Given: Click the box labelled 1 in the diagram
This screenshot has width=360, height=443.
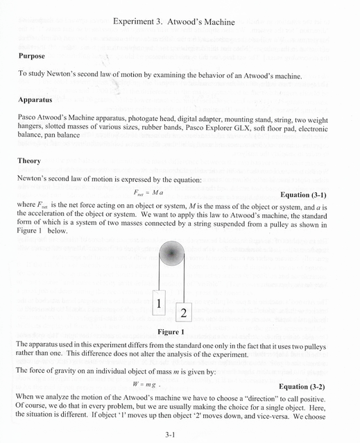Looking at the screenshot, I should click(x=159, y=303).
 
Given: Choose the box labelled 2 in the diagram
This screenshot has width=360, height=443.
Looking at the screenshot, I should click(x=183, y=313).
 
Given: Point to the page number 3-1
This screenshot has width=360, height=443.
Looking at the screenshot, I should click(x=172, y=435).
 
